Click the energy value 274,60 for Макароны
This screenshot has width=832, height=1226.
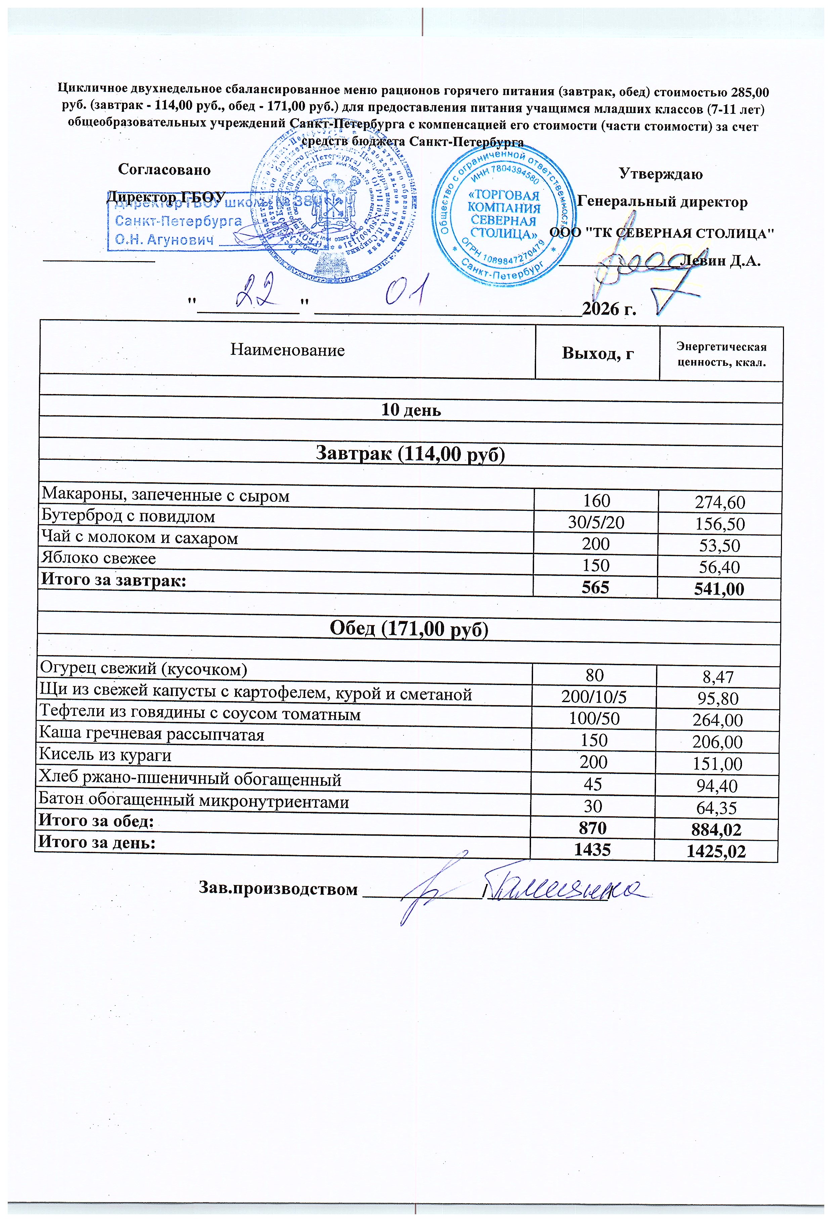[719, 502]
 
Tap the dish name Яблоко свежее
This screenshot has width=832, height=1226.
[99, 558]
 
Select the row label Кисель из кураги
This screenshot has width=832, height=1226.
[105, 755]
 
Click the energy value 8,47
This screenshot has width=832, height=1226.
[718, 676]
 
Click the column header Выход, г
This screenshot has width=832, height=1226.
[598, 353]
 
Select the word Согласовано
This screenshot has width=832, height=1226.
[164, 169]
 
